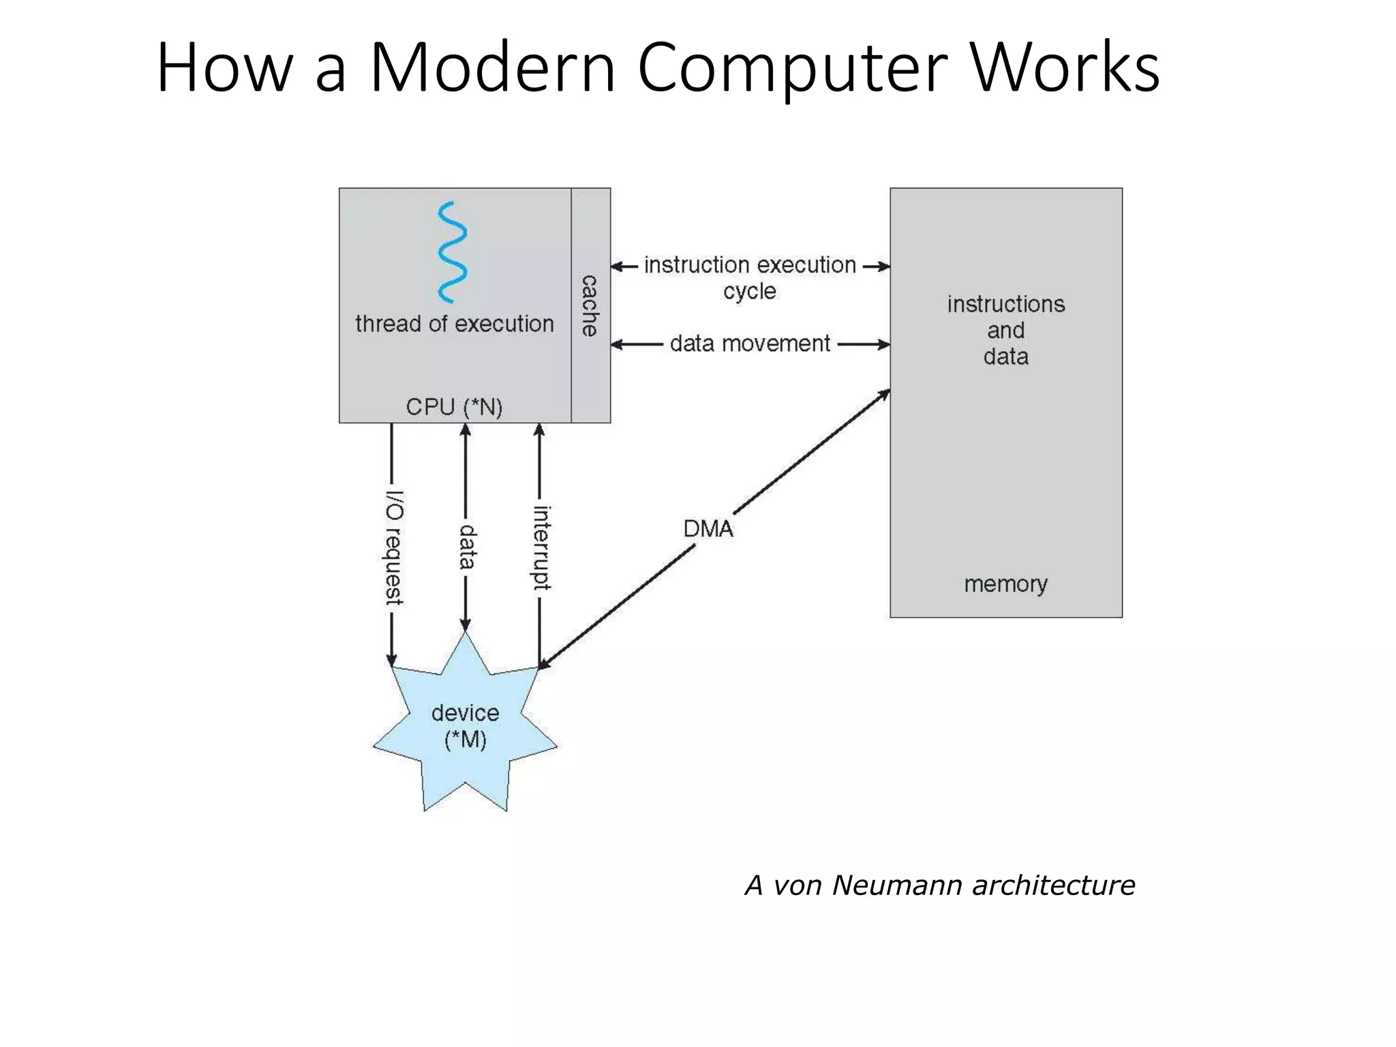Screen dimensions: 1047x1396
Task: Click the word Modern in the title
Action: pyautogui.click(x=492, y=68)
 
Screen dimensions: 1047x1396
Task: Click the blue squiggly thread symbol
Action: pyautogui.click(x=452, y=252)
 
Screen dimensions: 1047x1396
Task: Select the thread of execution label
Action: pyautogui.click(x=454, y=324)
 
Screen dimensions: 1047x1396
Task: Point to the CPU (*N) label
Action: pyautogui.click(x=454, y=407)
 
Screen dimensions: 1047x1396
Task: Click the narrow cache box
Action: pyautogui.click(x=590, y=305)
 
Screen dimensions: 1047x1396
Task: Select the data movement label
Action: pyautogui.click(x=750, y=344)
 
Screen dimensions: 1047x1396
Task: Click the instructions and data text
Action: pyautogui.click(x=1005, y=330)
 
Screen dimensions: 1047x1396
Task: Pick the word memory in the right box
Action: pyautogui.click(x=1005, y=584)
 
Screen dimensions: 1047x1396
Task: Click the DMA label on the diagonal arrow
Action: pyautogui.click(x=708, y=529)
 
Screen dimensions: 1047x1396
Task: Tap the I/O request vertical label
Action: pyautogui.click(x=393, y=547)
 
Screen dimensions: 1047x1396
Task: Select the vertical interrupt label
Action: pyautogui.click(x=541, y=547)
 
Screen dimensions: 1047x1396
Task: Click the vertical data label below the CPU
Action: pyautogui.click(x=466, y=547)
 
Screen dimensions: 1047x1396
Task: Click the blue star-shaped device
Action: pyautogui.click(x=466, y=729)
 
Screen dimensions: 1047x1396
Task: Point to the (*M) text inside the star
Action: pyautogui.click(x=466, y=740)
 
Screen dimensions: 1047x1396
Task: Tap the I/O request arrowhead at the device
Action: pyautogui.click(x=391, y=659)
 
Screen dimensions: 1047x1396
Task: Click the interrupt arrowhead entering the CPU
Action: pyautogui.click(x=539, y=430)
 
